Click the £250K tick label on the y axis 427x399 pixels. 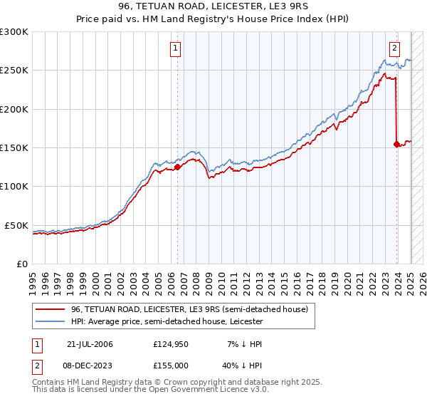coord(14,71)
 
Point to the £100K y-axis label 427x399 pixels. coord(14,186)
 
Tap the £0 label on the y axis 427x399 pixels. coord(22,264)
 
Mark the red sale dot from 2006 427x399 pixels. coord(177,167)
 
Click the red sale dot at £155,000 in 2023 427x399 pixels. coord(396,144)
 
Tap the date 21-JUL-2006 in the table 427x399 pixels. coord(89,344)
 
